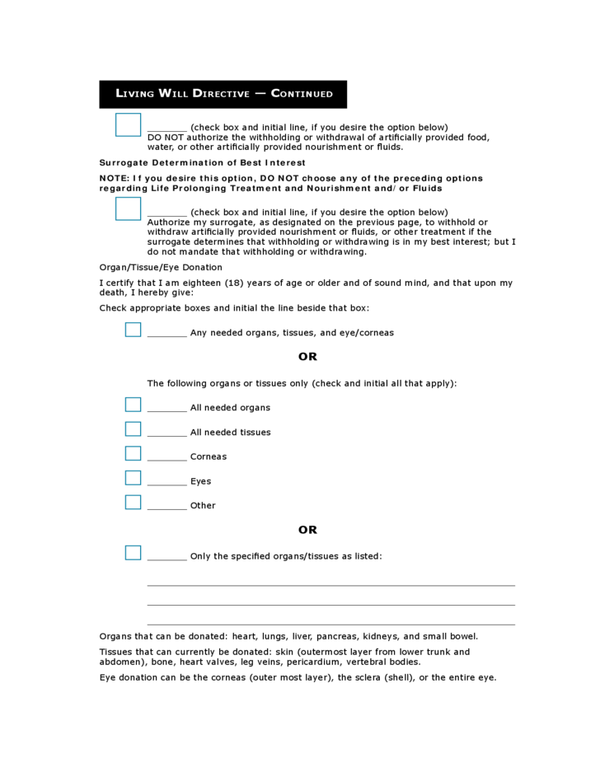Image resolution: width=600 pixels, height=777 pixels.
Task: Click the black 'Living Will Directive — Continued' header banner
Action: pos(223,94)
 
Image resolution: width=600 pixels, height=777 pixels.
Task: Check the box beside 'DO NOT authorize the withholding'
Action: pos(128,125)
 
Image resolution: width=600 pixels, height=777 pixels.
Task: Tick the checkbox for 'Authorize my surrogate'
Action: pos(128,208)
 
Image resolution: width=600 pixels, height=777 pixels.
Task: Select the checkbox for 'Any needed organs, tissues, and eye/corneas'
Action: pos(133,330)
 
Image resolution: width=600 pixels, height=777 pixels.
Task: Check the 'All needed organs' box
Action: pos(133,405)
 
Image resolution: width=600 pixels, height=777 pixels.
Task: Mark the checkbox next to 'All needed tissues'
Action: pos(133,429)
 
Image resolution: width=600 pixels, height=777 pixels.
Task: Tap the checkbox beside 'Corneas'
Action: pos(133,453)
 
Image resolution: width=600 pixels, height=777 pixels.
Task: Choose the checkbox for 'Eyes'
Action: pos(133,478)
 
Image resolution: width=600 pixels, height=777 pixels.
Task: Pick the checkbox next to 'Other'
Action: pos(133,502)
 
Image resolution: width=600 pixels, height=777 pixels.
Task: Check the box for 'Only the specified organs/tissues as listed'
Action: pos(133,553)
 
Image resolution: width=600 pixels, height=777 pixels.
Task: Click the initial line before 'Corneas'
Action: pos(167,459)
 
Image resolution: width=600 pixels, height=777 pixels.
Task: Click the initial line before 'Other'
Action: pos(167,508)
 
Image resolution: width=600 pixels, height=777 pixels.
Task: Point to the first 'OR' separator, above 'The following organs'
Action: pos(307,357)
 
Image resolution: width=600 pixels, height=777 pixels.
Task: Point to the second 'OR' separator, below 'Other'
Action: pos(307,530)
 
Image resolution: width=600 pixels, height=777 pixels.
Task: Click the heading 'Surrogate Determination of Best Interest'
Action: pos(202,162)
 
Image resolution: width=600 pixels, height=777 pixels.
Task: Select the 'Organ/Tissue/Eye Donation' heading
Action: pos(161,267)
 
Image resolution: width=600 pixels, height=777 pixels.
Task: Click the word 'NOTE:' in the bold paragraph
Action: pos(114,178)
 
